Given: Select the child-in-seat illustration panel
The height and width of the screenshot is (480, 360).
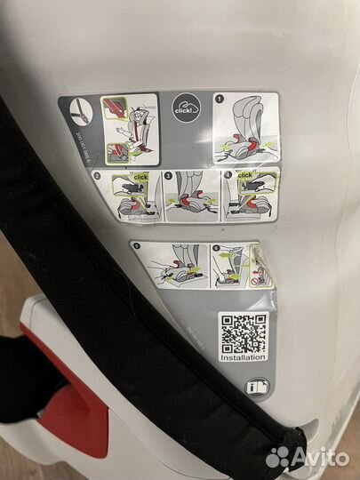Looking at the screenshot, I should click(129, 129).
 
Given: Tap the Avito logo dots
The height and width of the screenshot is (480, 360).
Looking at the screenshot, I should click(278, 456).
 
